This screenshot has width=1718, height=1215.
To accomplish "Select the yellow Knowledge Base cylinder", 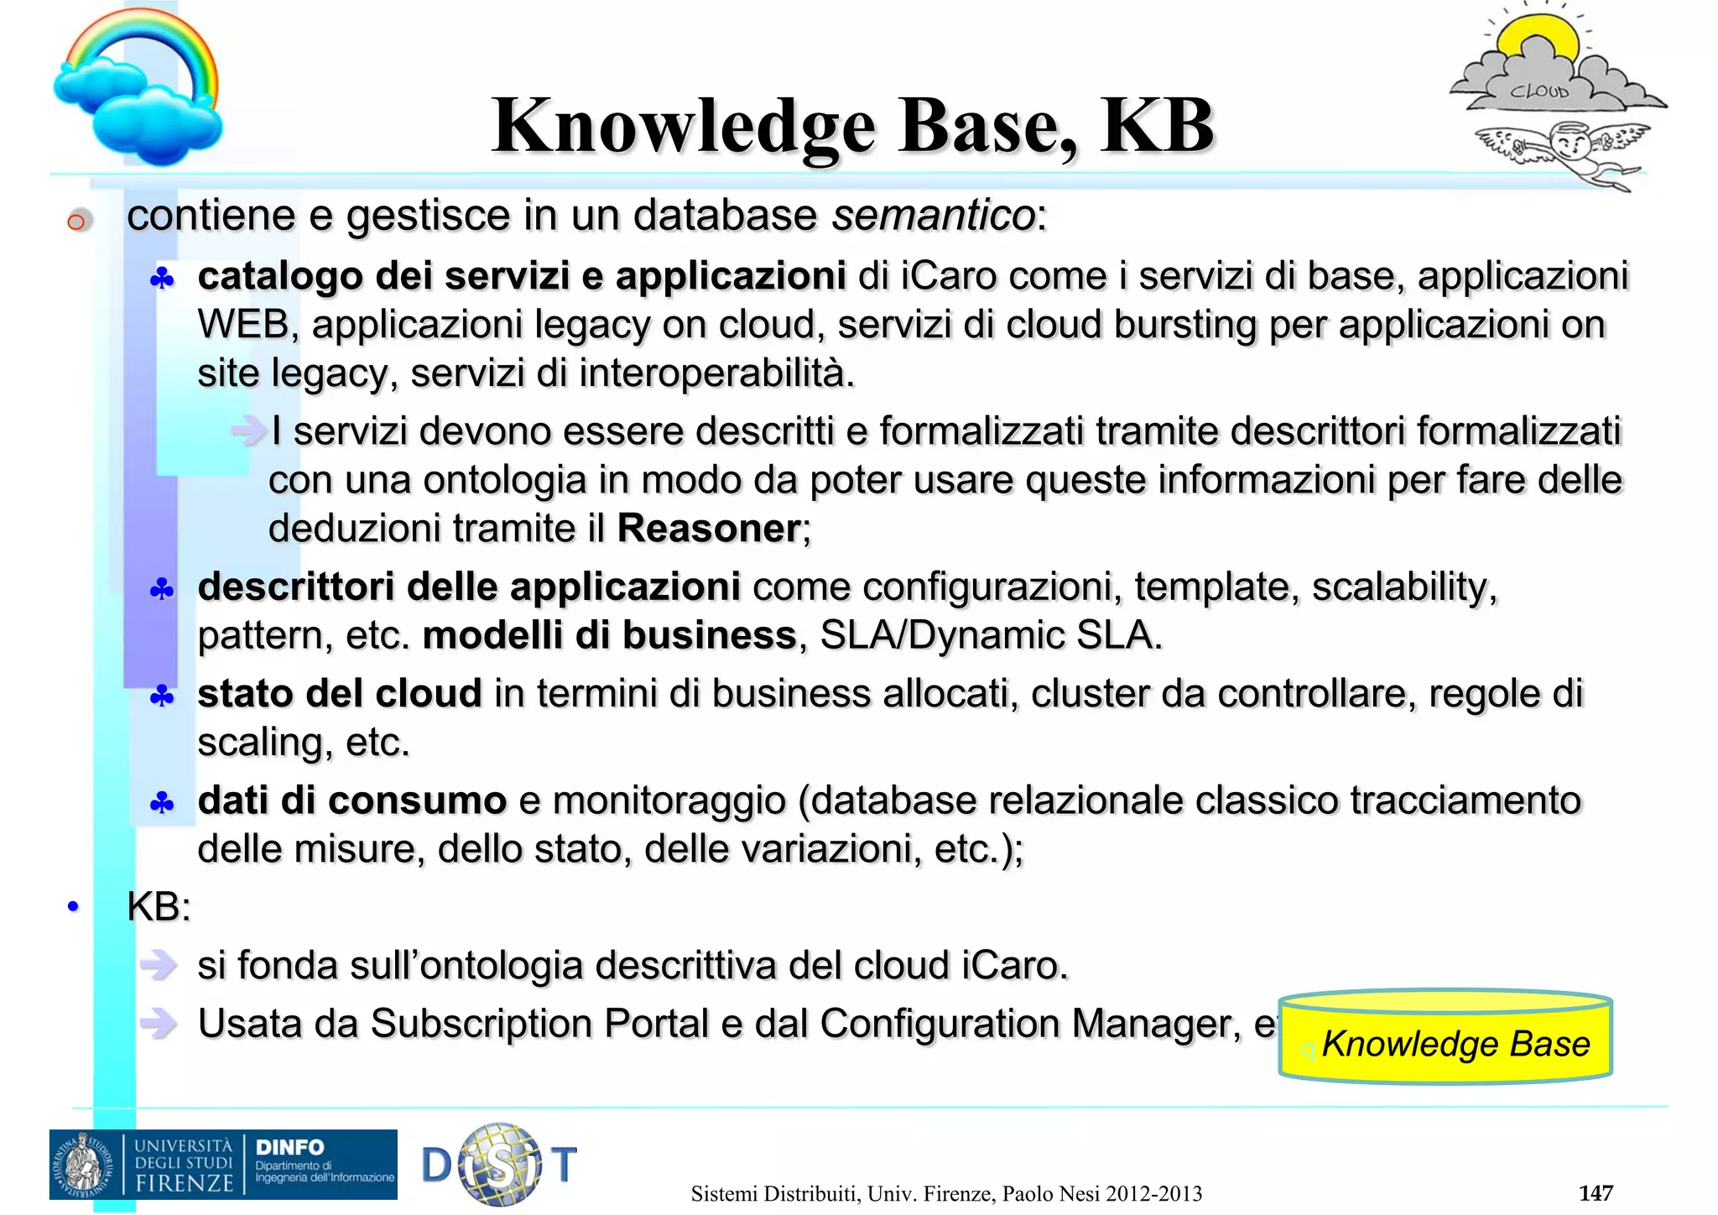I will click(x=1445, y=1038).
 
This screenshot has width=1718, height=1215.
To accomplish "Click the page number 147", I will click(x=1595, y=1192).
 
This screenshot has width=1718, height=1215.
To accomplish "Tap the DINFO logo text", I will click(x=289, y=1147).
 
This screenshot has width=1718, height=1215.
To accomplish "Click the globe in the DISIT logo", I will click(x=501, y=1164).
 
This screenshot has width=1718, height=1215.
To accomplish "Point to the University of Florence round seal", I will click(x=82, y=1165).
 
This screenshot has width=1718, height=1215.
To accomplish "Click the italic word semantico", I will click(x=933, y=215).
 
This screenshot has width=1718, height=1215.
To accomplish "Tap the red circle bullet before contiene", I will click(x=76, y=222).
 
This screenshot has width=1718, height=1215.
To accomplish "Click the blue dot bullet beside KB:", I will click(x=73, y=906).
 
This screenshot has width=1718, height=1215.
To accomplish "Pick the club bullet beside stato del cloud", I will click(x=161, y=696).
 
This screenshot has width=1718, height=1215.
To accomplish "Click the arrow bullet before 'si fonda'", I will click(x=159, y=965).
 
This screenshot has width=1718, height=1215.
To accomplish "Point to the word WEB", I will click(x=242, y=325).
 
